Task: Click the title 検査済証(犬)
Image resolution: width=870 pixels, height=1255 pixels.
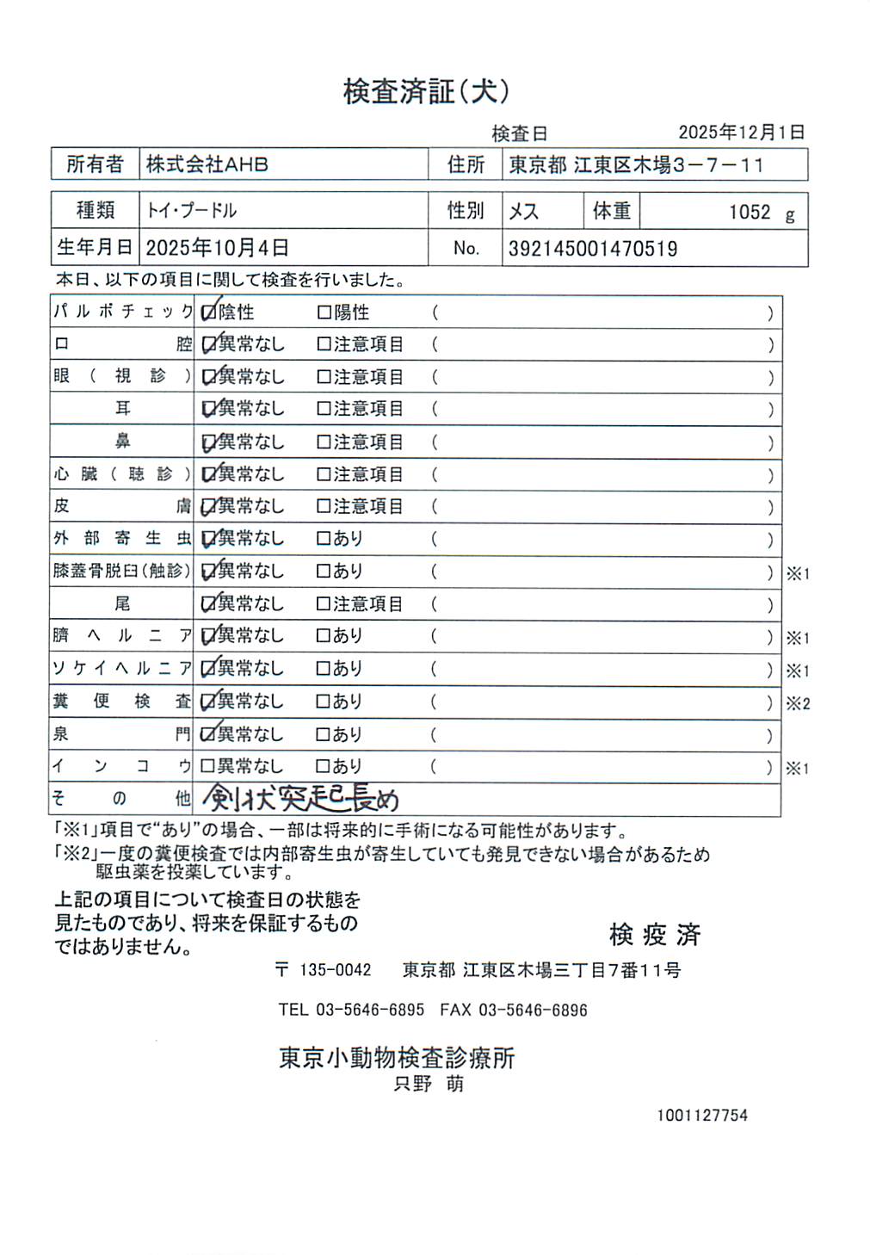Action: coord(426,91)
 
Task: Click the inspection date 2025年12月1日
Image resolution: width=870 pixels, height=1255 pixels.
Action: coord(741,133)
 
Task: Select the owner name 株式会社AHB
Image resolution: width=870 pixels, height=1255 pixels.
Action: coord(207,164)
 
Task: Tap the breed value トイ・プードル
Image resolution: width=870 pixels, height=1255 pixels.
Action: coord(191,211)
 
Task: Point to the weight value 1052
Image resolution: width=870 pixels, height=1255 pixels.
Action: coord(750,213)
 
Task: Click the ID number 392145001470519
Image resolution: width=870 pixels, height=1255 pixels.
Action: coord(593,250)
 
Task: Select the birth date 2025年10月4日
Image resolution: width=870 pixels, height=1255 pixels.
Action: coord(217,249)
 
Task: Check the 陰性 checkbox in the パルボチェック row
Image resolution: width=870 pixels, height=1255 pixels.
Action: coord(208,312)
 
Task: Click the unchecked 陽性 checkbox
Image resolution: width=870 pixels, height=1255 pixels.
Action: coord(324,312)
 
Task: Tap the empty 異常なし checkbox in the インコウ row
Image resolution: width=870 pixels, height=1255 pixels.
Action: coord(207,766)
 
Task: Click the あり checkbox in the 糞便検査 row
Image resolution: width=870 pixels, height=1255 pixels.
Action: coord(324,702)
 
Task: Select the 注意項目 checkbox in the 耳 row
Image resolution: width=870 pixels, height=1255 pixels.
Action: coord(324,409)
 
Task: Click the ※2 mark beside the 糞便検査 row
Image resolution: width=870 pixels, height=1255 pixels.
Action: coord(798,704)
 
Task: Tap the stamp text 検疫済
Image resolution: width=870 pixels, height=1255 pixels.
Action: coord(655,935)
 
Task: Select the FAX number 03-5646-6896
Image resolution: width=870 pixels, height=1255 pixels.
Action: coord(533,1010)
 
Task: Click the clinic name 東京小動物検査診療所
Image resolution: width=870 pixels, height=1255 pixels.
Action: coord(397,1058)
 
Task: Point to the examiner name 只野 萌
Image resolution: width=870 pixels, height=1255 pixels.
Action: coord(429,1085)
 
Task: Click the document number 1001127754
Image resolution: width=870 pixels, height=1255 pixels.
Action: coord(702,1116)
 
